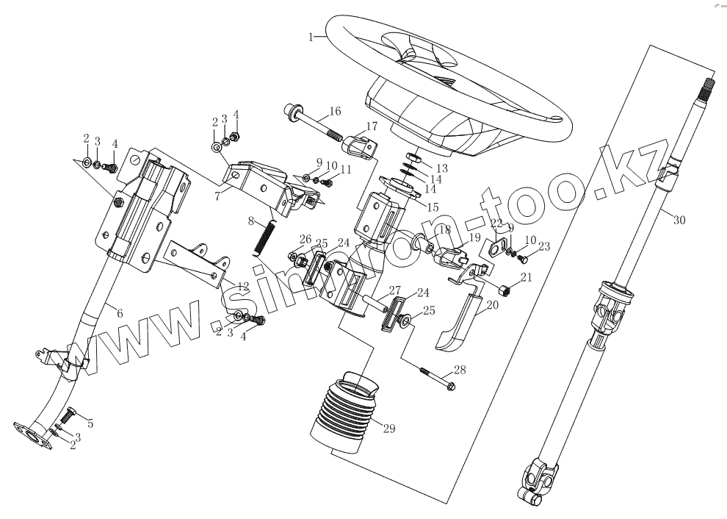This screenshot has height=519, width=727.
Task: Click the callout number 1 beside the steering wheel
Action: click(312, 36)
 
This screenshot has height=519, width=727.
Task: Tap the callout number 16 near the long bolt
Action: click(335, 112)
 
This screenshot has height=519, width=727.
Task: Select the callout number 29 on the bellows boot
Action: click(388, 429)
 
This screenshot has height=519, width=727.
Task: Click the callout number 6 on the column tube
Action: click(120, 313)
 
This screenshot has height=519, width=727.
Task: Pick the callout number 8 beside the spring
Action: click(251, 221)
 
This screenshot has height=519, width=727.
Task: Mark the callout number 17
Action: click(372, 126)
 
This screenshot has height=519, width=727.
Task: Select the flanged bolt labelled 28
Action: click(436, 379)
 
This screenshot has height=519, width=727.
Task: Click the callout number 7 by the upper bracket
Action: click(218, 196)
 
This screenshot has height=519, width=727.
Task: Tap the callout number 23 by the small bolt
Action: click(544, 247)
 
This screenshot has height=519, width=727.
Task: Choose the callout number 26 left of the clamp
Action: click(305, 239)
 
